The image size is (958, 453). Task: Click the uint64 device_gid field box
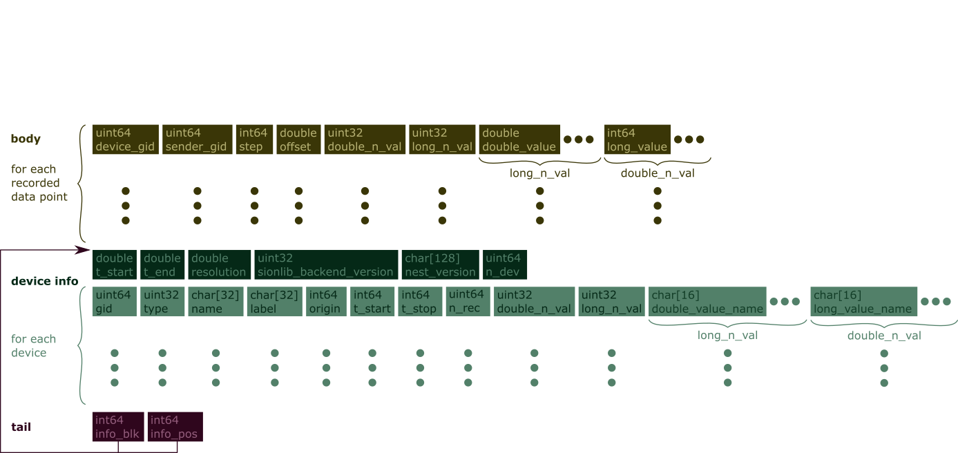[126, 139]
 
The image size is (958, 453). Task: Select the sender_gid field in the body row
[197, 139]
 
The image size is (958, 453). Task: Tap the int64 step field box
[253, 139]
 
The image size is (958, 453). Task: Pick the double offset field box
[298, 139]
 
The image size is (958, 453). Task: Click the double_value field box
[519, 139]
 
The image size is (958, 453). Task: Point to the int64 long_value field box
[637, 139]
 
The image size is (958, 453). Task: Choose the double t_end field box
[162, 264]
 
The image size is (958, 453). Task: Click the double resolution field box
[218, 264]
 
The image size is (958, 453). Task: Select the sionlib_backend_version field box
[326, 264]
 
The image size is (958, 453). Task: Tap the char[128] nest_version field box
[440, 264]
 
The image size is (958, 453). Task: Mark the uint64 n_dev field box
[505, 264]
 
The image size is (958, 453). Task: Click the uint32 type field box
[162, 302]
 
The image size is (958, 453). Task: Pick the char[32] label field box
[275, 302]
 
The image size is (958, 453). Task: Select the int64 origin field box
[326, 302]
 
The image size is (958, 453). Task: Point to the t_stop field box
[420, 302]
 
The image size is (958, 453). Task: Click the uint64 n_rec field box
[468, 302]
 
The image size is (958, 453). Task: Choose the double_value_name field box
[707, 302]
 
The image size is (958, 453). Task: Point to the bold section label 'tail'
[21, 427]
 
